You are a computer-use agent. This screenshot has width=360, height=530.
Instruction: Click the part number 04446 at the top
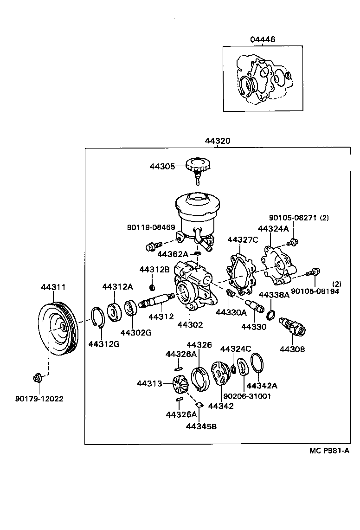click(x=263, y=40)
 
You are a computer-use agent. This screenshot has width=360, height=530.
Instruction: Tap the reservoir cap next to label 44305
click(x=198, y=166)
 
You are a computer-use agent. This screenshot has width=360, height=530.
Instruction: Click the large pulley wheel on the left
click(x=58, y=328)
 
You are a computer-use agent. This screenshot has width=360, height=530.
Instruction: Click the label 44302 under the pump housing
click(x=190, y=325)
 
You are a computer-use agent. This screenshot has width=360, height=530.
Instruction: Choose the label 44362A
click(x=173, y=254)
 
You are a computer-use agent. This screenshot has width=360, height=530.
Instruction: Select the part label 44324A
click(x=273, y=229)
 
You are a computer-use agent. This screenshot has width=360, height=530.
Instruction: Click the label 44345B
click(x=201, y=426)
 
